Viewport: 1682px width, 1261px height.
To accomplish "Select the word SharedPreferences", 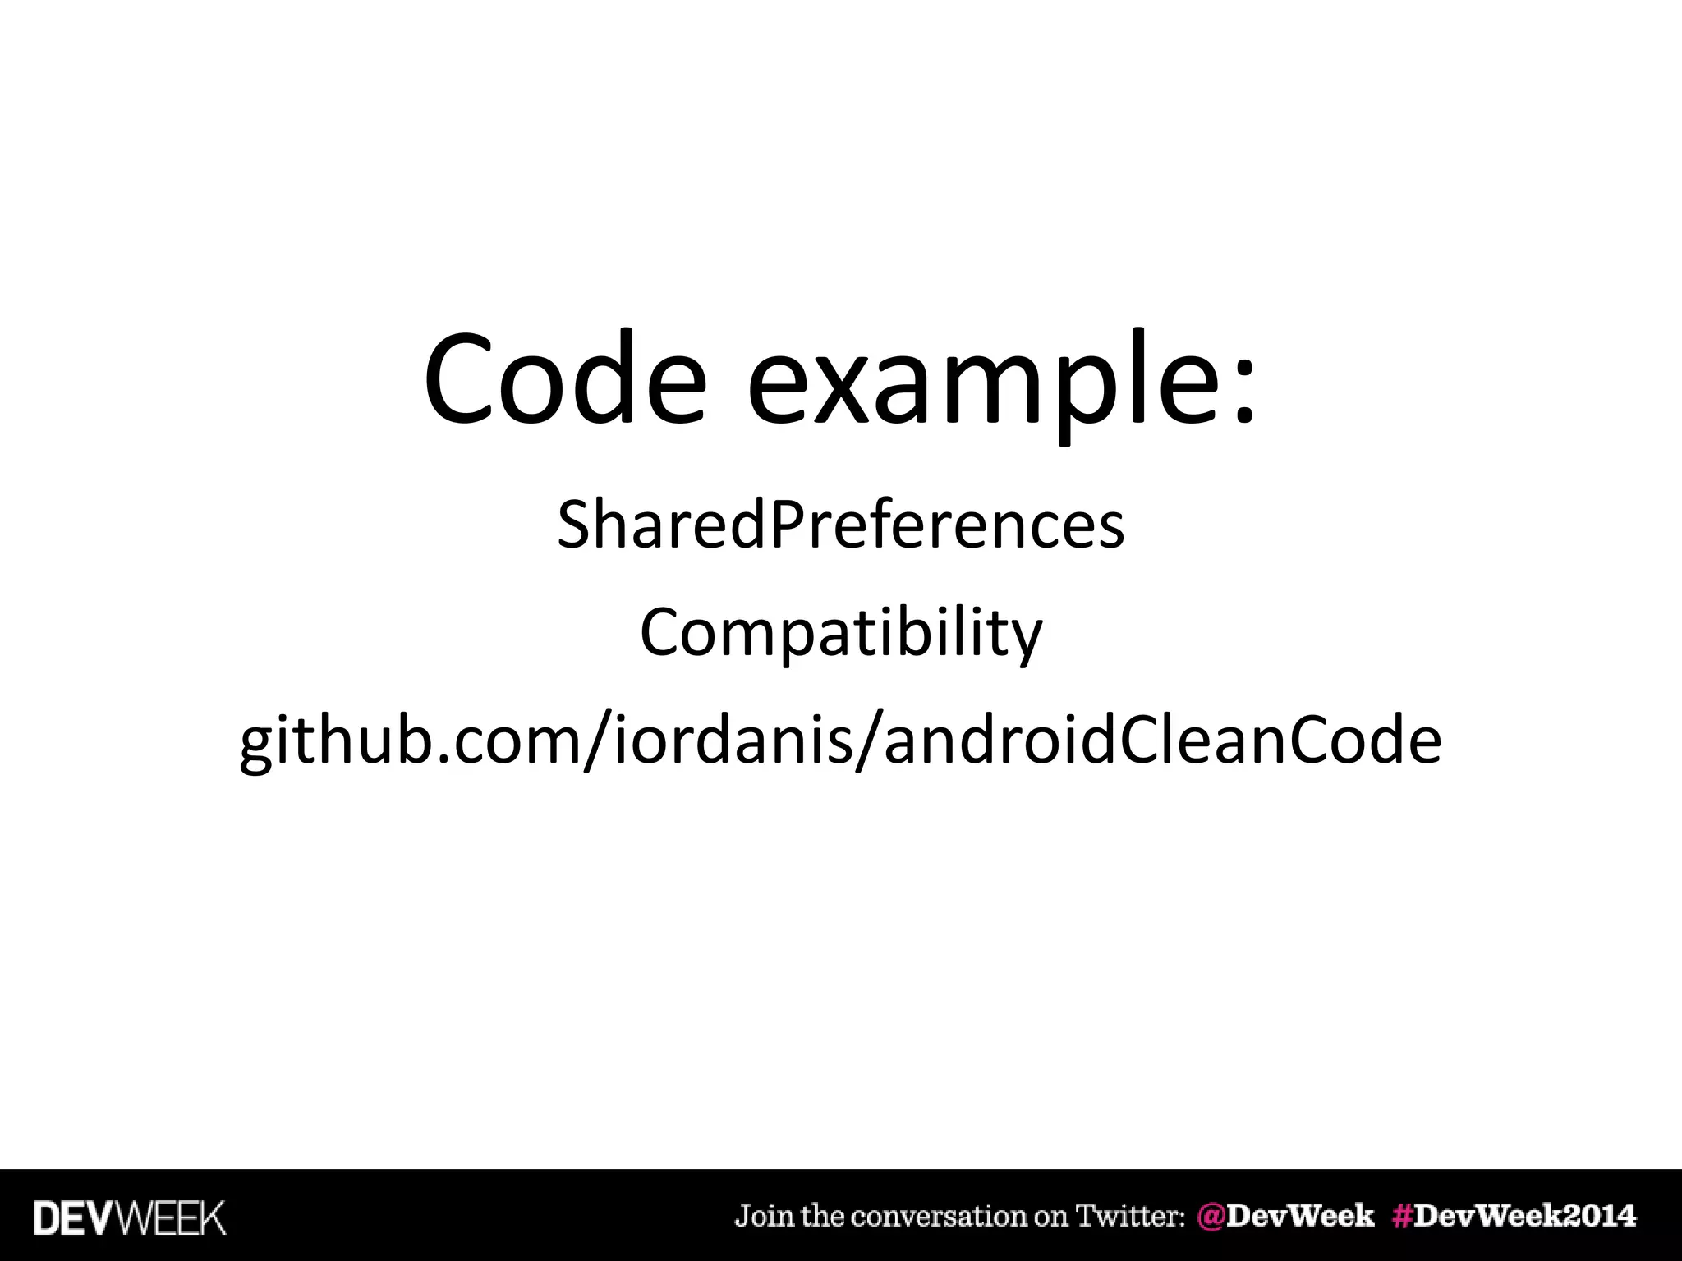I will (841, 526).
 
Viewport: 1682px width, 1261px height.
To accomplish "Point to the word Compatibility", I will (841, 635).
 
